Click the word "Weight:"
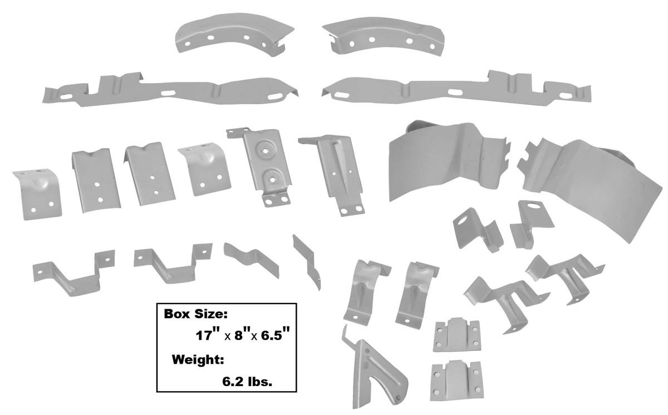click(198, 360)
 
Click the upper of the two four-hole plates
click(456, 336)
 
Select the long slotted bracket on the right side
click(456, 89)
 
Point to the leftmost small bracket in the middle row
click(36, 192)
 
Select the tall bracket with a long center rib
click(334, 173)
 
